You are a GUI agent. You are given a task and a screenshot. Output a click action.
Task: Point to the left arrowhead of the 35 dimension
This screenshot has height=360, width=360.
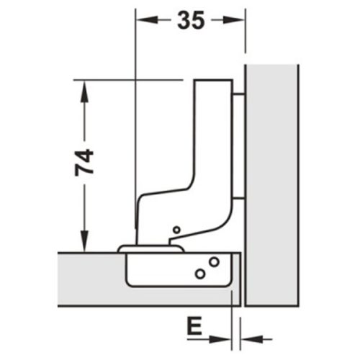(141, 21)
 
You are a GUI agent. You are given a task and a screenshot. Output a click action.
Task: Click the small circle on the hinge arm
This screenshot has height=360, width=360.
(176, 230)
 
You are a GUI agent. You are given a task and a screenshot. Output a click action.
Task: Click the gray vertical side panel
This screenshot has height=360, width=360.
(272, 180)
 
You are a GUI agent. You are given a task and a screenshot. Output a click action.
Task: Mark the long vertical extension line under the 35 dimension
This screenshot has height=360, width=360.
(135, 108)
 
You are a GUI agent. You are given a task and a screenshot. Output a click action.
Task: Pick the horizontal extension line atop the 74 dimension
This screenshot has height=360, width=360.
(130, 78)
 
